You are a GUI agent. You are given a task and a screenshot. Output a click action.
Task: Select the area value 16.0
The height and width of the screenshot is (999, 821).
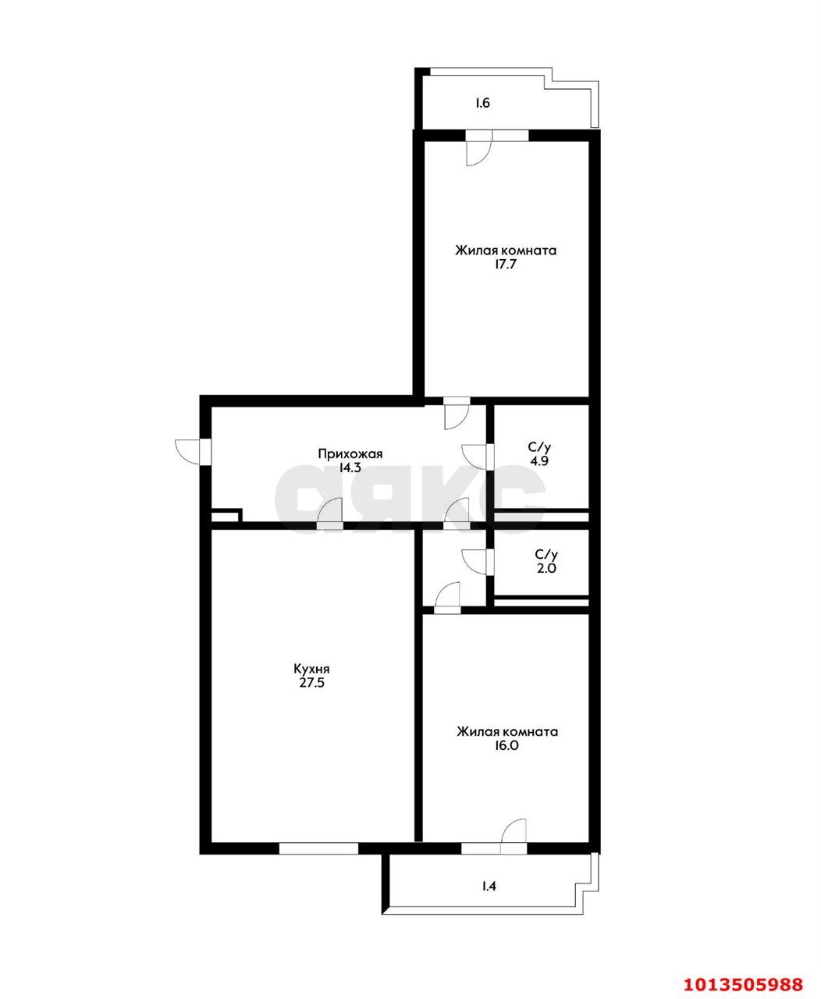(x=507, y=745)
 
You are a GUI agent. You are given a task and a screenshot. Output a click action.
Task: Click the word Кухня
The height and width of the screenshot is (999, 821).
(x=311, y=669)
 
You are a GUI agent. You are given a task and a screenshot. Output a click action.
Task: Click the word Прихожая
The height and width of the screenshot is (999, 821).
(x=350, y=453)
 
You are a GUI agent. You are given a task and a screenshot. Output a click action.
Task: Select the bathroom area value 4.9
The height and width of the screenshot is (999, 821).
(x=539, y=461)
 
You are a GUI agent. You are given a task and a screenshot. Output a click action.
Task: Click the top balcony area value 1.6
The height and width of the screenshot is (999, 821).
(x=483, y=103)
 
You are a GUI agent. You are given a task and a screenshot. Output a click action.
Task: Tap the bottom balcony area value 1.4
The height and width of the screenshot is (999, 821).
(x=489, y=886)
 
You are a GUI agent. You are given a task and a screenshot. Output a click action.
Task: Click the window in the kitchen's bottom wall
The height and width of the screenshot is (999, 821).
(x=318, y=848)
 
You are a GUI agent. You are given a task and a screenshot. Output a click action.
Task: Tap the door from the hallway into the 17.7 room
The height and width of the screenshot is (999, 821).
(x=456, y=414)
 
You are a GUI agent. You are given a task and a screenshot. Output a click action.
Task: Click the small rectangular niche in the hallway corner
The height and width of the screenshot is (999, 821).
(x=226, y=515)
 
